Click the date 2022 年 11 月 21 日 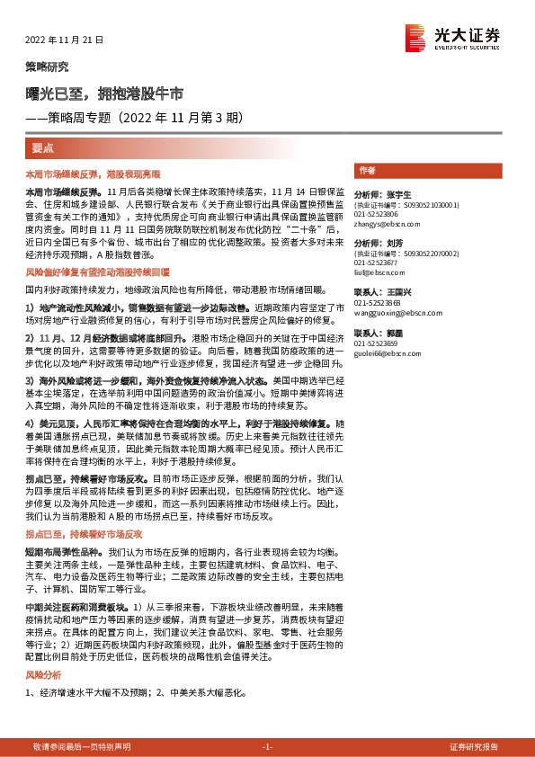click(x=63, y=40)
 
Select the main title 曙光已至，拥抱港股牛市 click(x=104, y=93)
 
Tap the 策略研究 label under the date click(x=46, y=67)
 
